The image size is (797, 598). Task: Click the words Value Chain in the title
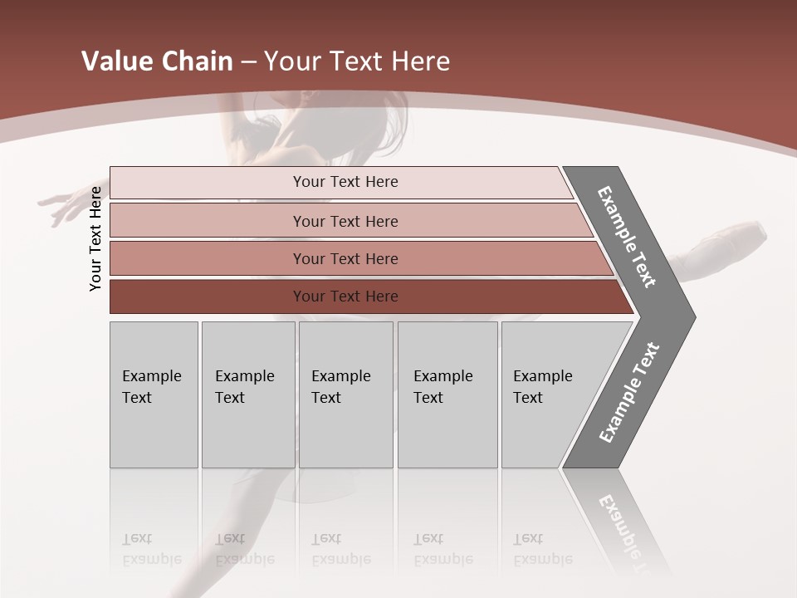click(x=157, y=61)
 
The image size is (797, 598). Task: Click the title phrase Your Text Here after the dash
click(x=357, y=61)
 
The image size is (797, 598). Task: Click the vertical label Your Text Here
click(x=95, y=238)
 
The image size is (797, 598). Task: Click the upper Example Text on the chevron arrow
click(x=627, y=237)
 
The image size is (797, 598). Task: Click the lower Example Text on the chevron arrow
click(x=629, y=392)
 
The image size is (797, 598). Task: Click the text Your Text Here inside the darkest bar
click(x=345, y=297)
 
